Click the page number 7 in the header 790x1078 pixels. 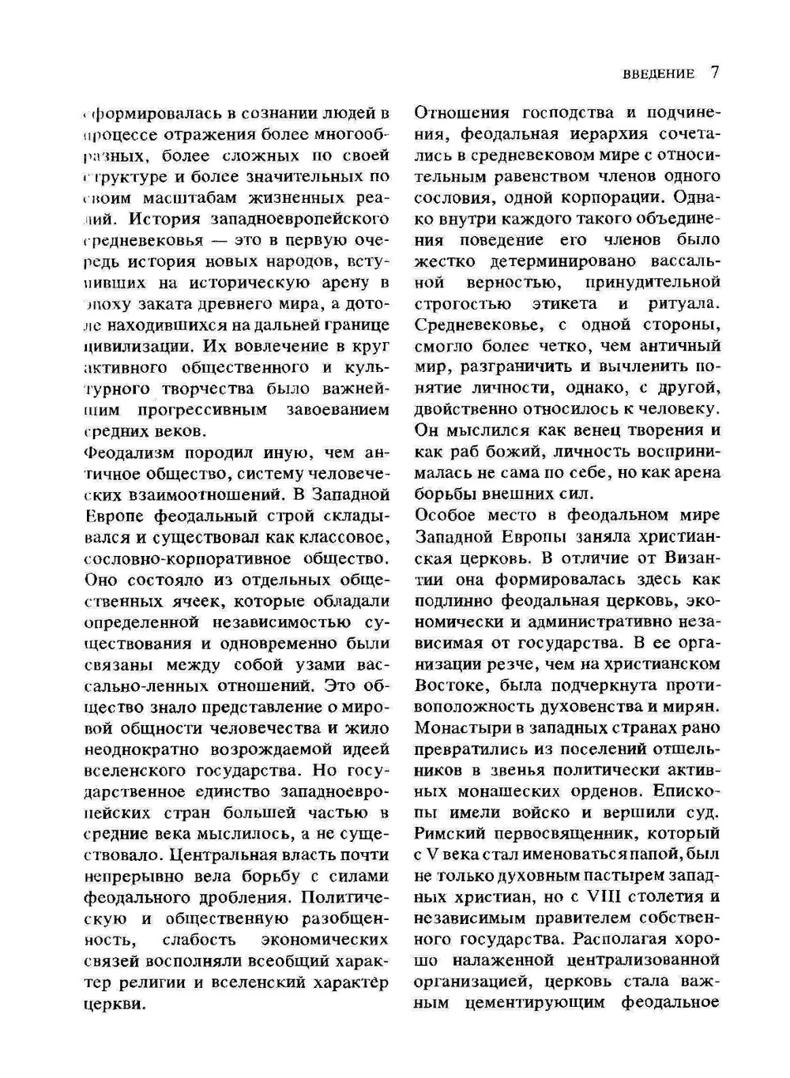pyautogui.click(x=714, y=73)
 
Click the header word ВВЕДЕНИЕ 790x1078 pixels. pyautogui.click(x=658, y=74)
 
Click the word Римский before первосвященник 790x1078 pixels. pyautogui.click(x=447, y=833)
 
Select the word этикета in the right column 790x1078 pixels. pyautogui.click(x=564, y=303)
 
